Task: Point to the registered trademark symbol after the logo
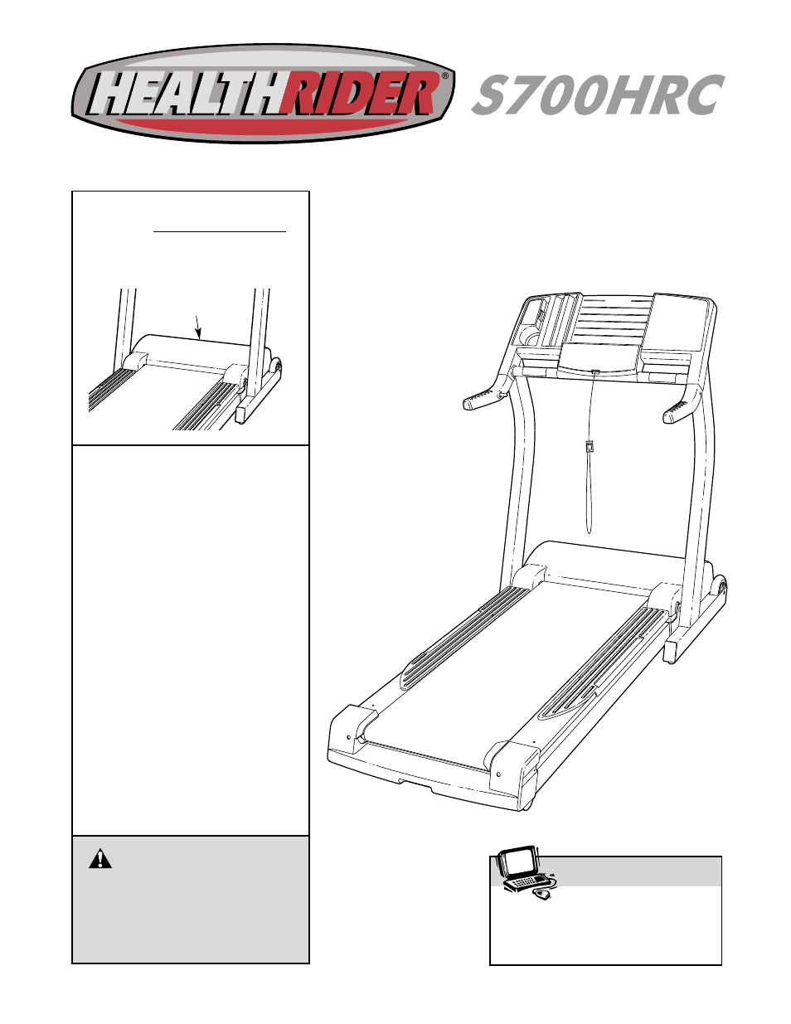[x=445, y=75]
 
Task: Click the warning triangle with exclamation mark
[x=100, y=859]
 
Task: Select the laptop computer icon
[x=520, y=867]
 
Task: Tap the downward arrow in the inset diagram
[x=197, y=327]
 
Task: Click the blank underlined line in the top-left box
[x=220, y=231]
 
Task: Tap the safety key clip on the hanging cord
[x=589, y=446]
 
